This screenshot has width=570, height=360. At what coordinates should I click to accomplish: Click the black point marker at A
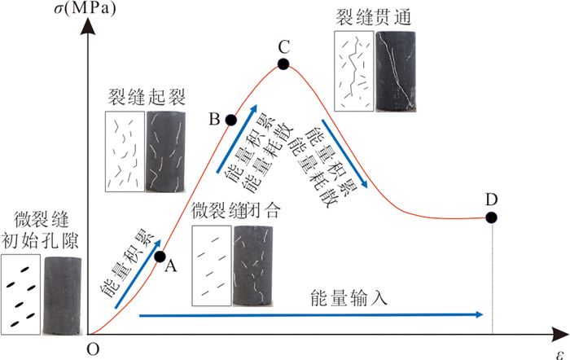click(x=160, y=257)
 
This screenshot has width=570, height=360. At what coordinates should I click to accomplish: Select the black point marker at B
click(x=230, y=120)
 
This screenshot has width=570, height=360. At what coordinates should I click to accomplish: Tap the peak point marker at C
click(x=283, y=64)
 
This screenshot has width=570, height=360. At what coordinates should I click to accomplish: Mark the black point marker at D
click(x=492, y=217)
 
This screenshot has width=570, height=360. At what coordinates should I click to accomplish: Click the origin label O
click(x=93, y=349)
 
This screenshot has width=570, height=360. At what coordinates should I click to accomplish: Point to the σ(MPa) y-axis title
click(x=85, y=8)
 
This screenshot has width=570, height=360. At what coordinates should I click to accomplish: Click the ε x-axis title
click(x=560, y=353)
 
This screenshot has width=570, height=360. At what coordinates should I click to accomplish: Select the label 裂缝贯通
click(x=373, y=17)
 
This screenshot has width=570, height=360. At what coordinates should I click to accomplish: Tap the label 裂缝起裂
click(x=147, y=97)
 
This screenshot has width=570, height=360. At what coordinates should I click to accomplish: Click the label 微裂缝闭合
click(x=236, y=211)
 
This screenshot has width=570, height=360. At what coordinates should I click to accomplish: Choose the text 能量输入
click(x=349, y=298)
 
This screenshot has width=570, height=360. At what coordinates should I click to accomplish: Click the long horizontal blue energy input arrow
click(x=311, y=315)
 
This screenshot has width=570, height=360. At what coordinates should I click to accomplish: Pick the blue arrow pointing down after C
click(x=344, y=154)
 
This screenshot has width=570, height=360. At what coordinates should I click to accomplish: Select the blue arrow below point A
click(x=138, y=274)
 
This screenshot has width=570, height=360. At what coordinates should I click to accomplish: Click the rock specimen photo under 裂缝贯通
click(x=396, y=72)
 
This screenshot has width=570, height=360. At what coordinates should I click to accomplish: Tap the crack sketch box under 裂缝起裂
click(x=125, y=151)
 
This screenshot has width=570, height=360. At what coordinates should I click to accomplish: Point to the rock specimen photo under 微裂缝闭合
click(x=253, y=266)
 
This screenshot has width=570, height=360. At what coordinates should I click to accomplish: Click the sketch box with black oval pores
click(x=20, y=294)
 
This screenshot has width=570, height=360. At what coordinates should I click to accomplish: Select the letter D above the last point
click(x=491, y=200)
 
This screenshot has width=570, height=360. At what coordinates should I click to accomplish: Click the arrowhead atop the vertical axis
click(x=88, y=26)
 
